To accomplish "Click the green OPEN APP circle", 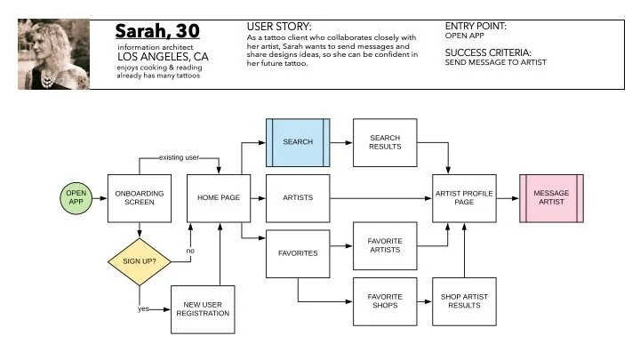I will click(76, 196).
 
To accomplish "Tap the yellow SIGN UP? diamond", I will click(139, 261).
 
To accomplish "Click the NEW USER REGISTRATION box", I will click(202, 308).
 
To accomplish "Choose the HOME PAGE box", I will click(214, 196).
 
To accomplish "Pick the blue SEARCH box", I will click(298, 141).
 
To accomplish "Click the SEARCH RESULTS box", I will click(385, 141).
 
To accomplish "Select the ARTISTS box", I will click(298, 196).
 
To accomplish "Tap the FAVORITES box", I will click(298, 253).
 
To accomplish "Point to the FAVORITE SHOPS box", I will click(385, 302).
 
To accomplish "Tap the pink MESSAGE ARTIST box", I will click(551, 196).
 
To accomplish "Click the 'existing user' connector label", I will click(178, 157).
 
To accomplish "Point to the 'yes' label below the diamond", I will click(144, 309).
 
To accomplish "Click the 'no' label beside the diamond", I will click(189, 250).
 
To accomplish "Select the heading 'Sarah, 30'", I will click(157, 32).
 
